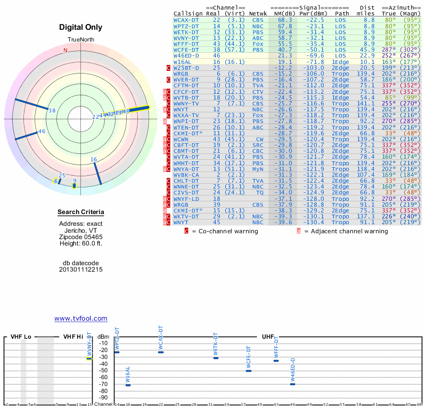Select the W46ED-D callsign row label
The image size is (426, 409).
186,55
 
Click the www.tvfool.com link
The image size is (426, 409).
81,318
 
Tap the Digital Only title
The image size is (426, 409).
81,27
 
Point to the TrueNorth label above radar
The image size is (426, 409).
81,40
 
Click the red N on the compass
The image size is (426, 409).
65,51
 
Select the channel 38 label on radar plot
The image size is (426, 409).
52,111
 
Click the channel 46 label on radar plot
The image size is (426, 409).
42,132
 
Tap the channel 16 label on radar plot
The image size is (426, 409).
94,159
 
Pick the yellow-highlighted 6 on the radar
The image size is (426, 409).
56,182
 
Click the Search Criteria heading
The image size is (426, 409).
81,212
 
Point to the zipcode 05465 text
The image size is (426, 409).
81,237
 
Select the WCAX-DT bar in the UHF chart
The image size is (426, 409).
161,352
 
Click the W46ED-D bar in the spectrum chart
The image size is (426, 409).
292,384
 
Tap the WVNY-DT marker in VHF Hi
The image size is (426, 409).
89,358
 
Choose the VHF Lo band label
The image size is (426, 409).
21,337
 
